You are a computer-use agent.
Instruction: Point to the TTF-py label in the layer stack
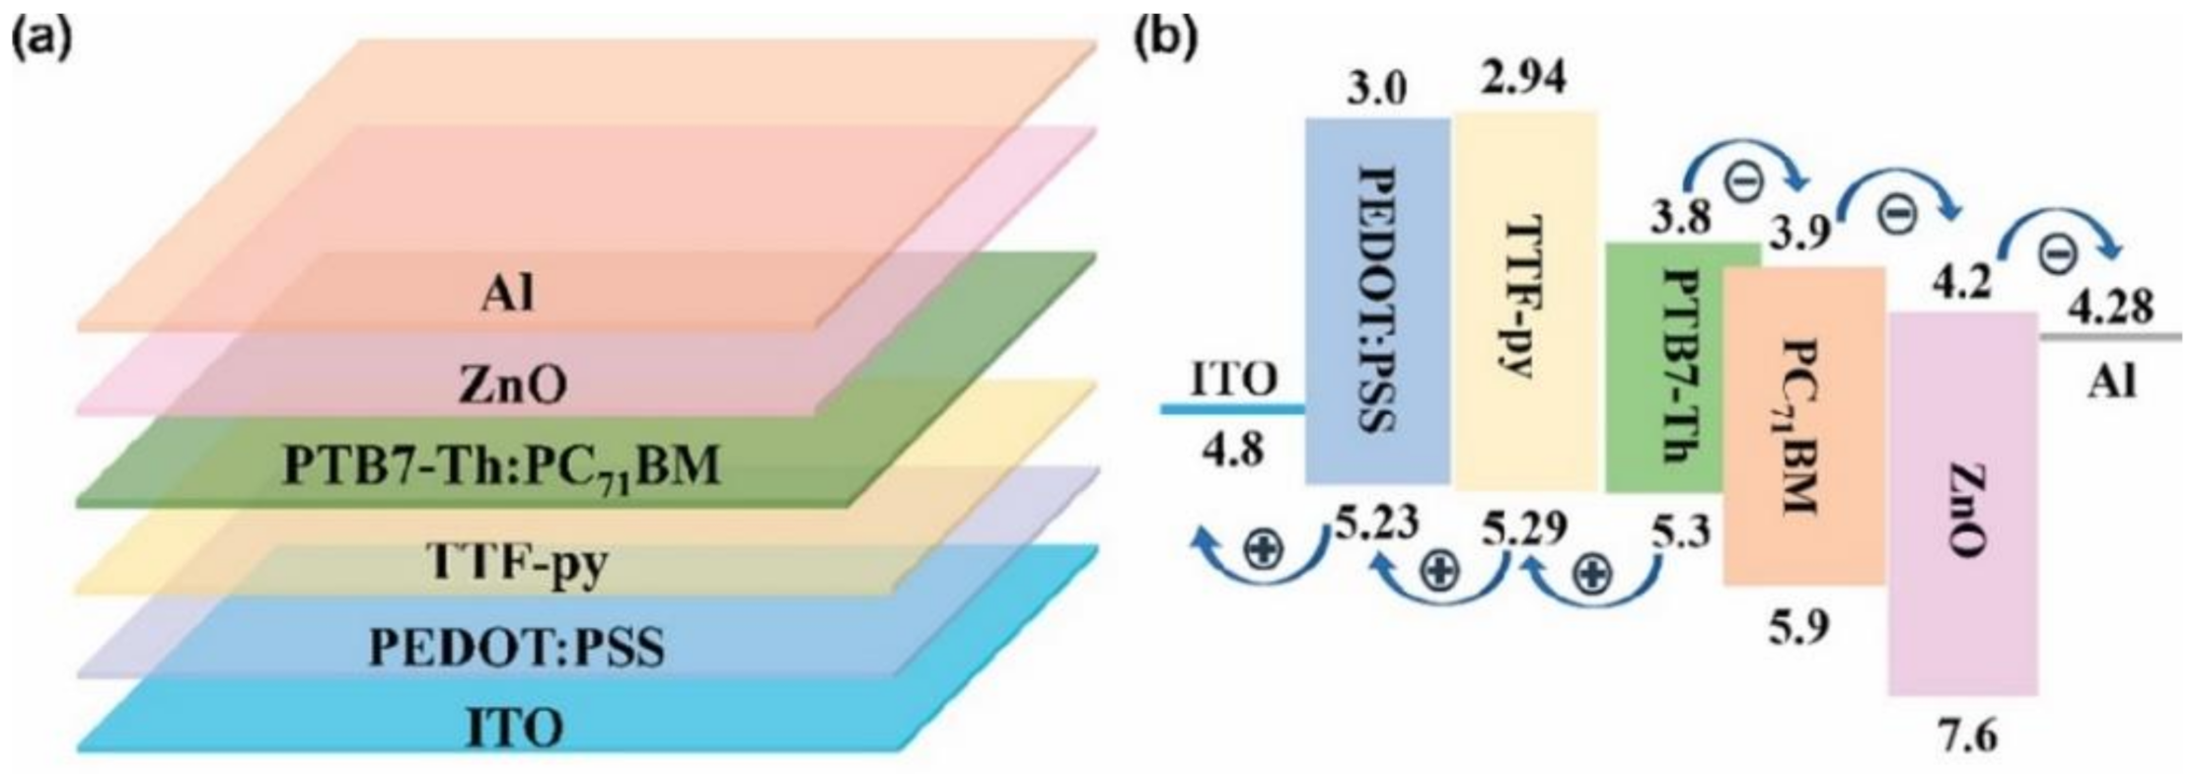(x=518, y=565)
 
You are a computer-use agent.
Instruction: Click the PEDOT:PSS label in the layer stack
(x=517, y=649)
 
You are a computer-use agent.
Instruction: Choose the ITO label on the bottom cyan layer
(x=514, y=729)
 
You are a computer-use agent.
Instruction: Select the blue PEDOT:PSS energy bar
(x=1377, y=300)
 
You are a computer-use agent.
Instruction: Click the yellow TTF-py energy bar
(x=1524, y=300)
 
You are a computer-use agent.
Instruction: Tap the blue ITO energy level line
(x=1232, y=408)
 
